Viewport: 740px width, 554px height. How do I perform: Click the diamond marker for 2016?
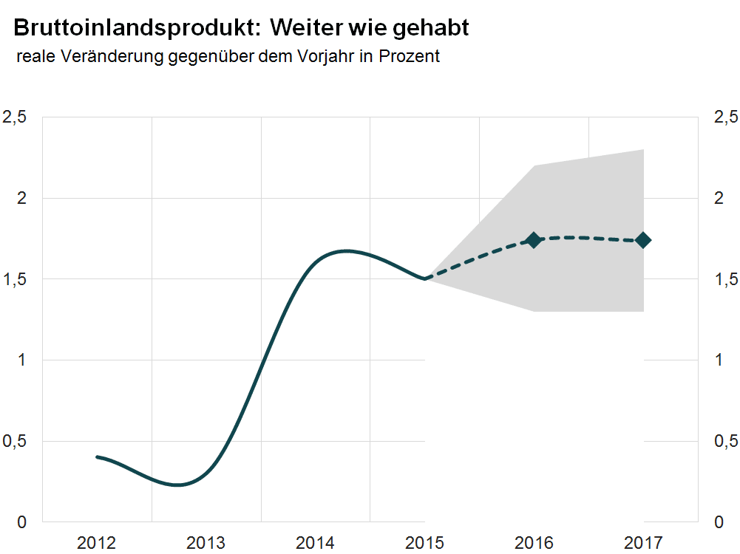[x=534, y=240]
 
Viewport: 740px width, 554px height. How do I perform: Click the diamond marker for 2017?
[x=642, y=240]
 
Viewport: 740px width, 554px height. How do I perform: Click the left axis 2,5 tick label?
[x=16, y=117]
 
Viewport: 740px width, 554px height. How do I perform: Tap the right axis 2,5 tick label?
[x=724, y=117]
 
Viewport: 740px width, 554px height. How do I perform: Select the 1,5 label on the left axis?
[x=16, y=279]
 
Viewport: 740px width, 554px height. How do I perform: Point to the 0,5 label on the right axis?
[x=724, y=441]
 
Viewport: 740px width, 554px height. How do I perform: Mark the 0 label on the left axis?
[x=23, y=522]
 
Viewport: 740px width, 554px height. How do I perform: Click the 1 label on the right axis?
[x=717, y=360]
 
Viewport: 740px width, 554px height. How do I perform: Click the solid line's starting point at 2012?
[x=98, y=456]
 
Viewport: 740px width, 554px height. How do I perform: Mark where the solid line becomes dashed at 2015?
[x=425, y=278]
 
